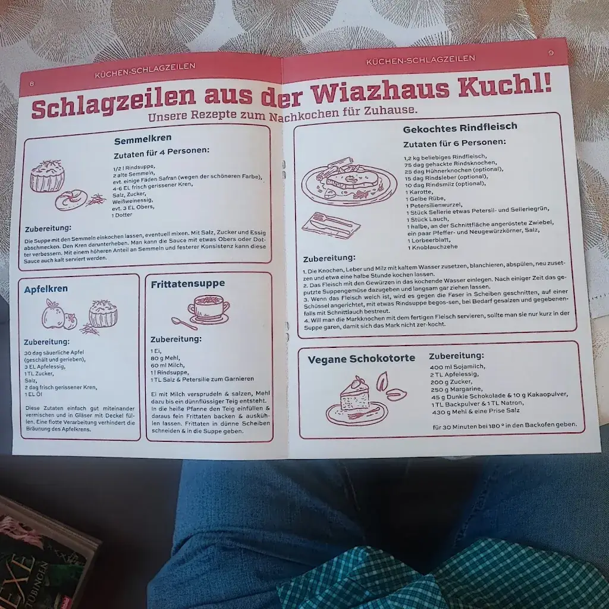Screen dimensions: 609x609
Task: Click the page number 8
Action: (x=32, y=83)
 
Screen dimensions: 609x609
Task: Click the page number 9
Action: (x=551, y=52)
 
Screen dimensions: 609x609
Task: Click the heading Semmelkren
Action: (x=143, y=138)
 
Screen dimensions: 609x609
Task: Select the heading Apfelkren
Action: (x=46, y=289)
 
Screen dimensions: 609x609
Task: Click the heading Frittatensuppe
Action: (x=187, y=284)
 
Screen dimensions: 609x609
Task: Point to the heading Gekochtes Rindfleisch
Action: (x=460, y=127)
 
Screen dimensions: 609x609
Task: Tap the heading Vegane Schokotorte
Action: (x=361, y=359)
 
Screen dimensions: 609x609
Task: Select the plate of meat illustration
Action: (x=349, y=182)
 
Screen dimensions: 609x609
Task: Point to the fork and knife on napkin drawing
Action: (x=330, y=225)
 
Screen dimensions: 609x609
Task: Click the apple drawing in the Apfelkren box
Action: (x=55, y=315)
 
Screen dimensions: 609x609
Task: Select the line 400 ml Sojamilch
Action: (x=457, y=367)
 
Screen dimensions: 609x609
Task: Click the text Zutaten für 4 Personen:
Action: (x=161, y=151)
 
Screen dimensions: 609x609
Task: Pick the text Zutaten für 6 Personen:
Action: (x=454, y=143)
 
